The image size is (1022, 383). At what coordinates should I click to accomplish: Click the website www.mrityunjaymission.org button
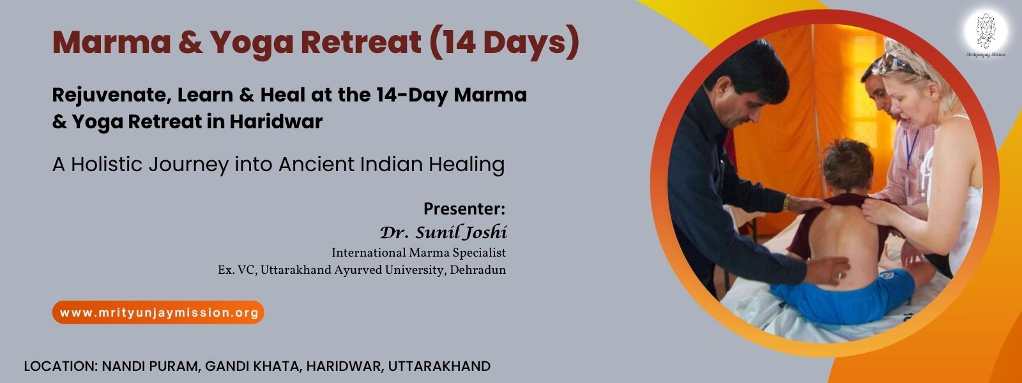[x=158, y=313]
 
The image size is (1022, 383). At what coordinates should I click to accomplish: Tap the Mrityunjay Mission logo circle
[x=986, y=31]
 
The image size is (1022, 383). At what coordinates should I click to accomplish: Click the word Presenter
[x=464, y=208]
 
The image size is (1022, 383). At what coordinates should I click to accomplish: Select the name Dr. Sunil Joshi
[x=443, y=232]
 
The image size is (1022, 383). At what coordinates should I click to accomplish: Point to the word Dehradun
[x=478, y=270]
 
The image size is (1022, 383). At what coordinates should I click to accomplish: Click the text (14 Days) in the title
[x=504, y=42]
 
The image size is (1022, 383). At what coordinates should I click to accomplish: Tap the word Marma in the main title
[x=111, y=42]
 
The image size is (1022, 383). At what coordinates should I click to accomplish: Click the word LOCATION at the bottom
[x=58, y=366]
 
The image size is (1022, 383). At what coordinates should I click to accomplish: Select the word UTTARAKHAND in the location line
[x=439, y=366]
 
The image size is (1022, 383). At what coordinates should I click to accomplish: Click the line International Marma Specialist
[x=418, y=253]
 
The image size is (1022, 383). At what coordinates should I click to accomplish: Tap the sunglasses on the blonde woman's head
[x=896, y=63]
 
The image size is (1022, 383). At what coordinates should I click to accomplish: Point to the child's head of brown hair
[x=847, y=165]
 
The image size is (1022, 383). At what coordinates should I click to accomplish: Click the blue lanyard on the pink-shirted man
[x=911, y=148]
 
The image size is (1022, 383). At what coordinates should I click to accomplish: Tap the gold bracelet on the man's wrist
[x=786, y=203]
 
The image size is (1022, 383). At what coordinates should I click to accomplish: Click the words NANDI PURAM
[x=150, y=366]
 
